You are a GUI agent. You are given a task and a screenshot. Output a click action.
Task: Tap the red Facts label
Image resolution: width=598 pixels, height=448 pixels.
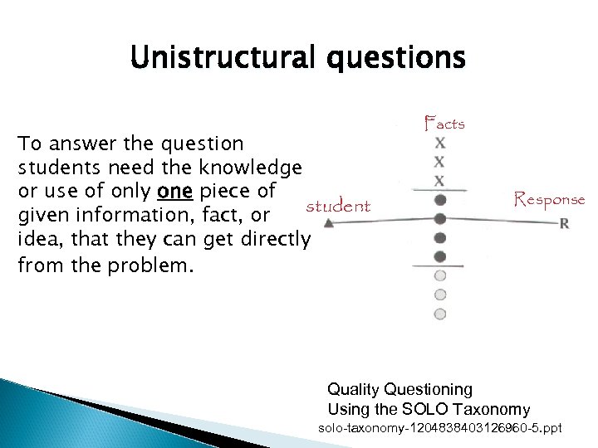(444, 124)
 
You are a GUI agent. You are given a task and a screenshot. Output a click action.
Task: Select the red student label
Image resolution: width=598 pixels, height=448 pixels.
(338, 205)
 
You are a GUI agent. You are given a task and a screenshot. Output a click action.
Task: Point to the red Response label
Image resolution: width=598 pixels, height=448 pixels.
(549, 199)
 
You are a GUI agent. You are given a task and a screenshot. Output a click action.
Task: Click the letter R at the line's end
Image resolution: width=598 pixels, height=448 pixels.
(565, 222)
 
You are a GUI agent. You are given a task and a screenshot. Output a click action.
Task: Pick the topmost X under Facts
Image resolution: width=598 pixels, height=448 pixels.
(440, 143)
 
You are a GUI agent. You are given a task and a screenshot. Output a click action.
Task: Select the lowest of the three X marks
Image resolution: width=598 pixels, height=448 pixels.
(440, 180)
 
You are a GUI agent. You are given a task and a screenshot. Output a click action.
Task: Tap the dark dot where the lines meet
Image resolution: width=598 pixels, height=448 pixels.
(440, 219)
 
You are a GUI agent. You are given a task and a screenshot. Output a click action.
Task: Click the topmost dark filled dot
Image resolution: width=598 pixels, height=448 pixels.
(440, 200)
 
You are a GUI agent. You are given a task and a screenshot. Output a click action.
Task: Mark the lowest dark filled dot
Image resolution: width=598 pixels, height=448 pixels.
(440, 257)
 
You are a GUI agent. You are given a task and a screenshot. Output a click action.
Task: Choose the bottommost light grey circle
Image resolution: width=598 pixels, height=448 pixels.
(440, 314)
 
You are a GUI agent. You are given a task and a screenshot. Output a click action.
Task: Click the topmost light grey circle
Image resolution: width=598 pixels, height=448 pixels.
(440, 275)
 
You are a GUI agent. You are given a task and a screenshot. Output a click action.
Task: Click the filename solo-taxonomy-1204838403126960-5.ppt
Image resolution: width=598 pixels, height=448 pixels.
(440, 428)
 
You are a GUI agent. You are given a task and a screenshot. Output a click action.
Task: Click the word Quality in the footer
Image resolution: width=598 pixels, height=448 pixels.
(353, 389)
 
